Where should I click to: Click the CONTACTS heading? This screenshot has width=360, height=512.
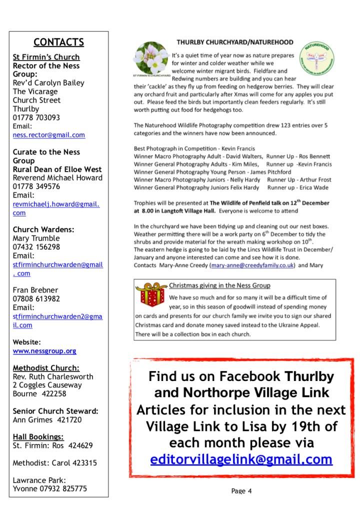coord(58,42)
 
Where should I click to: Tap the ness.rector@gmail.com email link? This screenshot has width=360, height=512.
coord(49,135)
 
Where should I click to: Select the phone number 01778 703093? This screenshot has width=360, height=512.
coord(36,117)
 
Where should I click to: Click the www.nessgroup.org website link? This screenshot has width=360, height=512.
coord(44,351)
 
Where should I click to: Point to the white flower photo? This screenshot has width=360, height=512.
coord(151,59)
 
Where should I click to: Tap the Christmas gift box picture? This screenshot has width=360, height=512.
coord(151,294)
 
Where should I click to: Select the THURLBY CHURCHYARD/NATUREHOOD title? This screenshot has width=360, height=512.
coord(234,42)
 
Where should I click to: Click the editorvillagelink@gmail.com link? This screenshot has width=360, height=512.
coord(241,459)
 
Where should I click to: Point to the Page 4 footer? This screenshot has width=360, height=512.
coord(241,491)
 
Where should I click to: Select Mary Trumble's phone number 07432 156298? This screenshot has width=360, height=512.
coord(36,247)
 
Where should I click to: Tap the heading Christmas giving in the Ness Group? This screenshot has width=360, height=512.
coord(219,285)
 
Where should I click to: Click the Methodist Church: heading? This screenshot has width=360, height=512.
coord(46,368)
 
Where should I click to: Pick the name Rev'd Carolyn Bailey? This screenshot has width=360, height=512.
coord(48,83)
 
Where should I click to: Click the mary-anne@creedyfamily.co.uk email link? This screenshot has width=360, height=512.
coord(253,265)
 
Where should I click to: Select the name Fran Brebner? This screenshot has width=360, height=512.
coord(35,290)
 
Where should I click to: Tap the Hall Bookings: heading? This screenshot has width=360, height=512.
coord(38,436)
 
